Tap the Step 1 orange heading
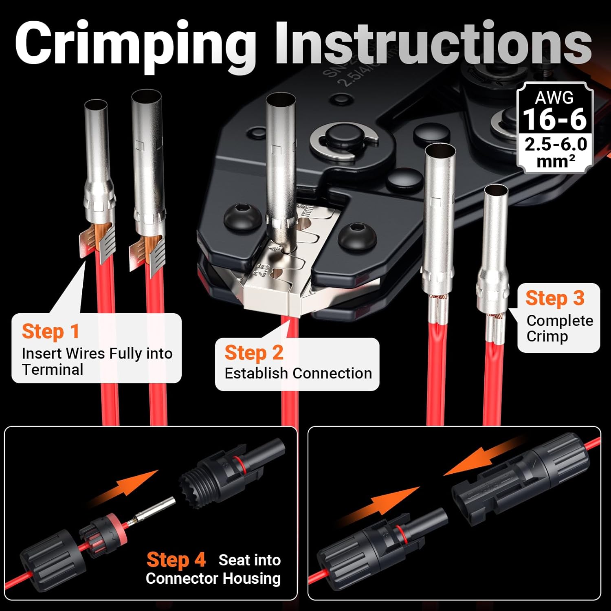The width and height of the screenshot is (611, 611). tap(51, 332)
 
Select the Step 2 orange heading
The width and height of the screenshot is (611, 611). tap(254, 353)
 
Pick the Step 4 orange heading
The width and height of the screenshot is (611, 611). tap(176, 560)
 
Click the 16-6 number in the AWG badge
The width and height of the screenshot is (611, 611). tap(555, 119)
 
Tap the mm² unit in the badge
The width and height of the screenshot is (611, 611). tap(556, 162)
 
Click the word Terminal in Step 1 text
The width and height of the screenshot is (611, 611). tap(53, 369)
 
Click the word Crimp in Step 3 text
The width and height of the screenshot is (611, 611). tap(547, 336)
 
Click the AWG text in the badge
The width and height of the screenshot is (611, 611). tap(554, 97)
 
